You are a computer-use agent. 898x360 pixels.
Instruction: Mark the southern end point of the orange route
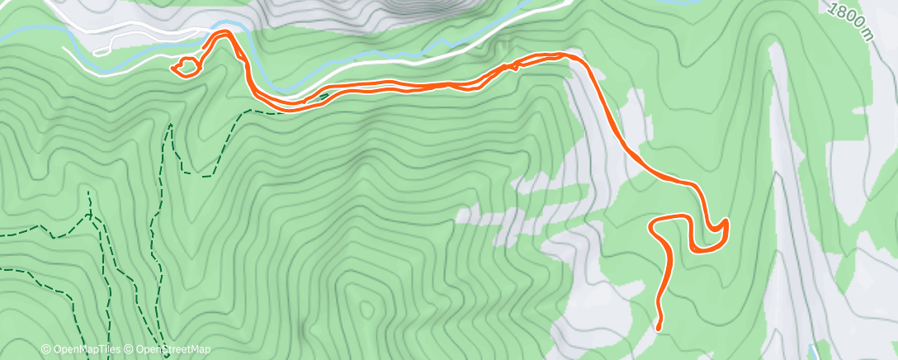[659, 327]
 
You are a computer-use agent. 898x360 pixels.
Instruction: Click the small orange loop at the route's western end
[187, 66]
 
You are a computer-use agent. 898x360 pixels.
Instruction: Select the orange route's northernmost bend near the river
[223, 34]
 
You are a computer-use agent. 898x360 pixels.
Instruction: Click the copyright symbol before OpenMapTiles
[46, 349]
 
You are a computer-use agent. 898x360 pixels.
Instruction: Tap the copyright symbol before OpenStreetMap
[130, 349]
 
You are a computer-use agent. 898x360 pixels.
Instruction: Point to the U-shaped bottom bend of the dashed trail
[195, 173]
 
